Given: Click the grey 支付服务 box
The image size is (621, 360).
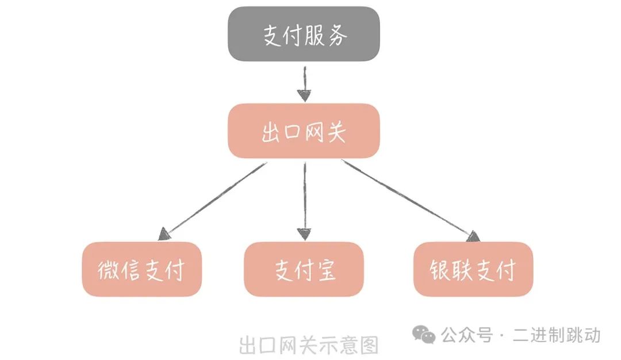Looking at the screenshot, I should coord(304,35).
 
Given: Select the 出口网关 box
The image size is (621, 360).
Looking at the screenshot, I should coord(304,131).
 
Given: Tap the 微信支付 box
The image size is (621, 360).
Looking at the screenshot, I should coord(141,269).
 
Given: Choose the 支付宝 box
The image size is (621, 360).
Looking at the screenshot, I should coord(304,269).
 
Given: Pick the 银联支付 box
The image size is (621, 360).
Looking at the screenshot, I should coord(473,269).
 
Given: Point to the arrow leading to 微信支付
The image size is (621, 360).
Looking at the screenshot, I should coord(213,198).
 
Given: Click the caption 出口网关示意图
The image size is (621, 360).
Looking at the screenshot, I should coord(309,345).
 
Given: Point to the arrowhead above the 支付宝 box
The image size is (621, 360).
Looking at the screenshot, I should coord(304,233).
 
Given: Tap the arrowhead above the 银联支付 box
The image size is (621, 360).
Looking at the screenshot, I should coord(473,236).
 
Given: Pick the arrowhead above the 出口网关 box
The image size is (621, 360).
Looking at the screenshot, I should coord(304,95).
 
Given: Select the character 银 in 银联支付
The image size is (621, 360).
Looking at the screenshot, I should coord(440,270).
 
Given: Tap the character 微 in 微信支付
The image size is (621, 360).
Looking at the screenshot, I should coord(109,270).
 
